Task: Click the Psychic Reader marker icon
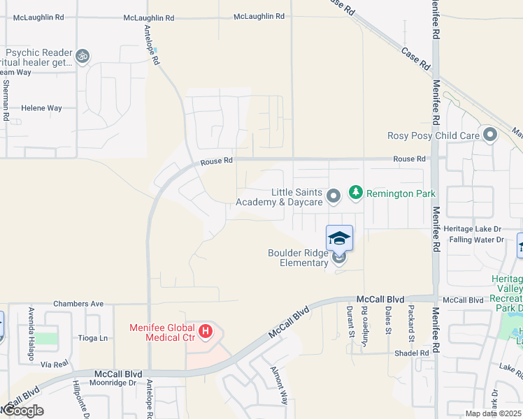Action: point(83,55)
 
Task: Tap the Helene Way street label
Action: point(41,108)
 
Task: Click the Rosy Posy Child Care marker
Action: point(489,135)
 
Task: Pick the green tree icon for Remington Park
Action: point(355,192)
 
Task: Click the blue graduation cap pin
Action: point(340,238)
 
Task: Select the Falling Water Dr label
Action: point(478,240)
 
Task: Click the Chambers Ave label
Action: point(79,304)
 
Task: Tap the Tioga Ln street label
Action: point(94,338)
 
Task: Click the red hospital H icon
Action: point(206,331)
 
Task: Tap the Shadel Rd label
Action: point(415,353)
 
